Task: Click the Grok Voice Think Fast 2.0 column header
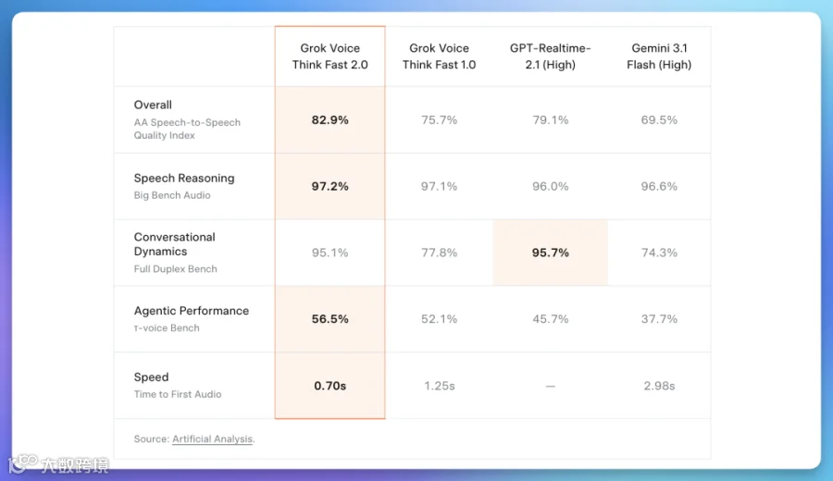329,56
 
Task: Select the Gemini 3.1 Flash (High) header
659,56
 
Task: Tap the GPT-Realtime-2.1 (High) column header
551,56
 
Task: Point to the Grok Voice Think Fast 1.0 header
439,56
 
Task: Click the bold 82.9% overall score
329,120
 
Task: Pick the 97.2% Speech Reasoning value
329,186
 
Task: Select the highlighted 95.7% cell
551,253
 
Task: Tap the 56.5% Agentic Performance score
329,319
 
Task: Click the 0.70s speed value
329,386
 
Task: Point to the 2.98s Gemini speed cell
659,386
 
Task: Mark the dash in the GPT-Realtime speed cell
551,386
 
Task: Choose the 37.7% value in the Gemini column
659,319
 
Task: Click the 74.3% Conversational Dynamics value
659,253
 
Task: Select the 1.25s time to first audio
440,386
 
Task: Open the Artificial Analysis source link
213,439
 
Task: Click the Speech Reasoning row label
184,179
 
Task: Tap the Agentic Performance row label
192,311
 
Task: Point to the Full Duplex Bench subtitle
175,269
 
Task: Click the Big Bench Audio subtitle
172,195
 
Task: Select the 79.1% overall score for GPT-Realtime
551,120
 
